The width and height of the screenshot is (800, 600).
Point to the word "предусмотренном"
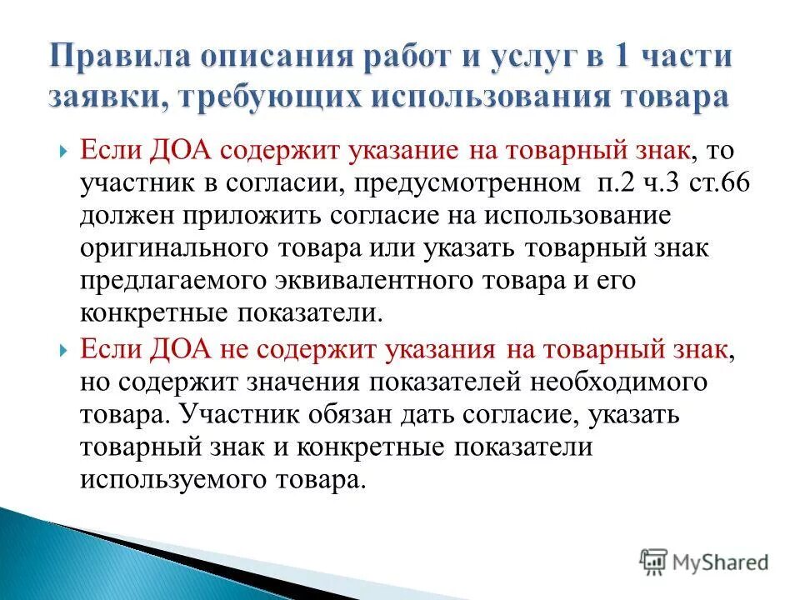(x=437, y=183)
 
